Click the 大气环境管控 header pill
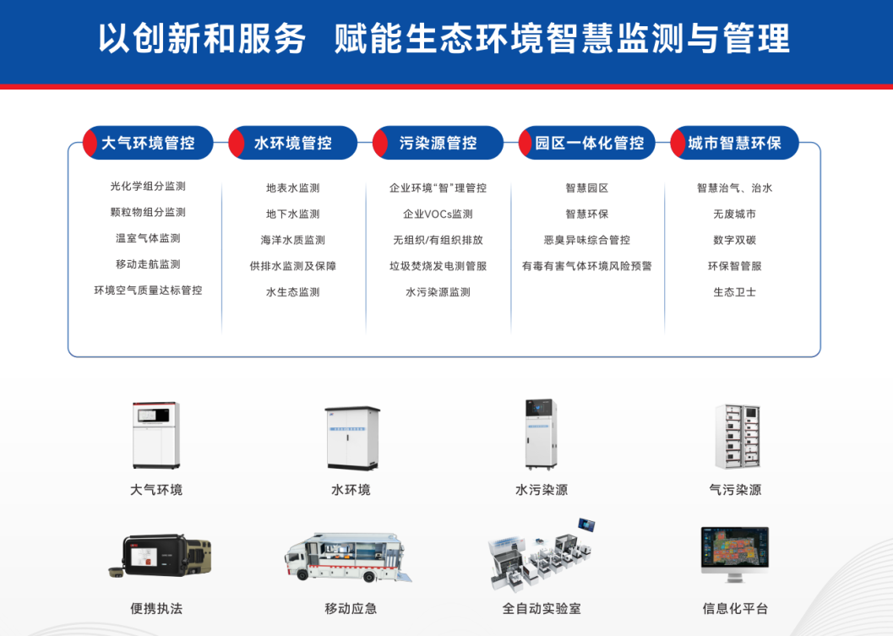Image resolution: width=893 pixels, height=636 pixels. [148, 143]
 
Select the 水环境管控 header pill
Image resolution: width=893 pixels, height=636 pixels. [292, 143]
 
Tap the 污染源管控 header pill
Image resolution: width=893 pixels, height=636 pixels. [438, 143]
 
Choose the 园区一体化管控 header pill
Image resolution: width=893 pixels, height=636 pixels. [587, 143]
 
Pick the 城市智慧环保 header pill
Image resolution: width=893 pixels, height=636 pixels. [735, 143]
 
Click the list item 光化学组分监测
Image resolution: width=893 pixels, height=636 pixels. [148, 186]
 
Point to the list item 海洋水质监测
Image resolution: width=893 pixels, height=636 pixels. [292, 240]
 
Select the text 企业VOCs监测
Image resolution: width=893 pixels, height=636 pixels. [438, 214]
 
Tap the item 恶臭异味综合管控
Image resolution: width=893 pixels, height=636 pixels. [587, 240]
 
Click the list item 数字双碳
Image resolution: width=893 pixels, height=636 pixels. [735, 240]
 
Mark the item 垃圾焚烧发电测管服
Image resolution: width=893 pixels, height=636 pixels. [438, 266]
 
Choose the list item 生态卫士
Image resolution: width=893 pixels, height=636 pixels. [735, 292]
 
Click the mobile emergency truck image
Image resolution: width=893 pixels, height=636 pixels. [348, 558]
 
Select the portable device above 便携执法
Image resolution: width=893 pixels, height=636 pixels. [160, 556]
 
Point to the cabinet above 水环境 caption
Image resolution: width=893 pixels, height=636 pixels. [352, 438]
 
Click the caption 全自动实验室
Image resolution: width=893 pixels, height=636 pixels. [542, 609]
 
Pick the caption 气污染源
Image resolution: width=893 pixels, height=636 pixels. [735, 490]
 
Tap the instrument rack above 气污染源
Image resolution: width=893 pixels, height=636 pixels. [738, 437]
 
